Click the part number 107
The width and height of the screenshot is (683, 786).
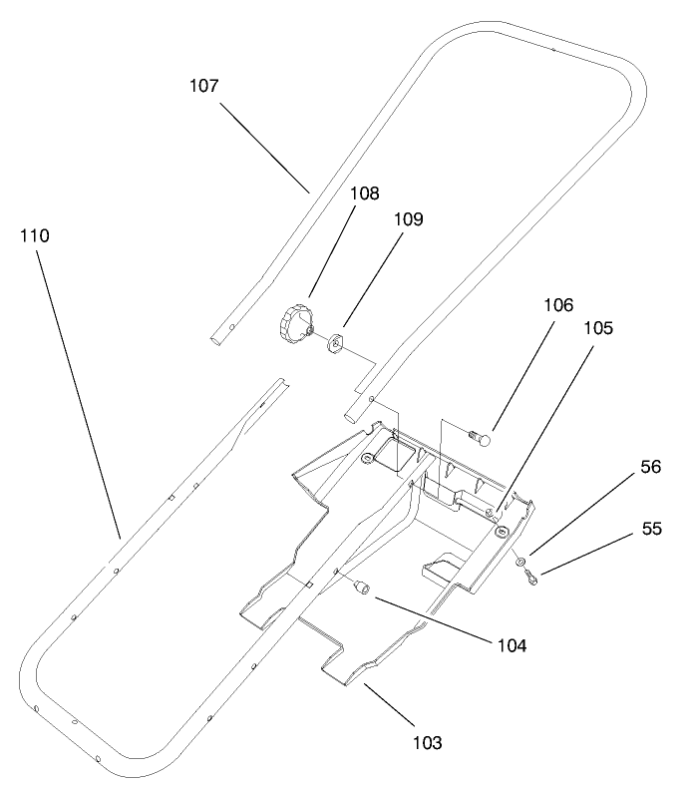point(203,86)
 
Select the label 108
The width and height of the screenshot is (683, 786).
point(336,194)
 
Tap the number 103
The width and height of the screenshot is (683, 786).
point(427,742)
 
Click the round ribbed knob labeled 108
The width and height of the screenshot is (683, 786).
point(295,324)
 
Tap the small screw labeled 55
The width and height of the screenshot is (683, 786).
point(532,577)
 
